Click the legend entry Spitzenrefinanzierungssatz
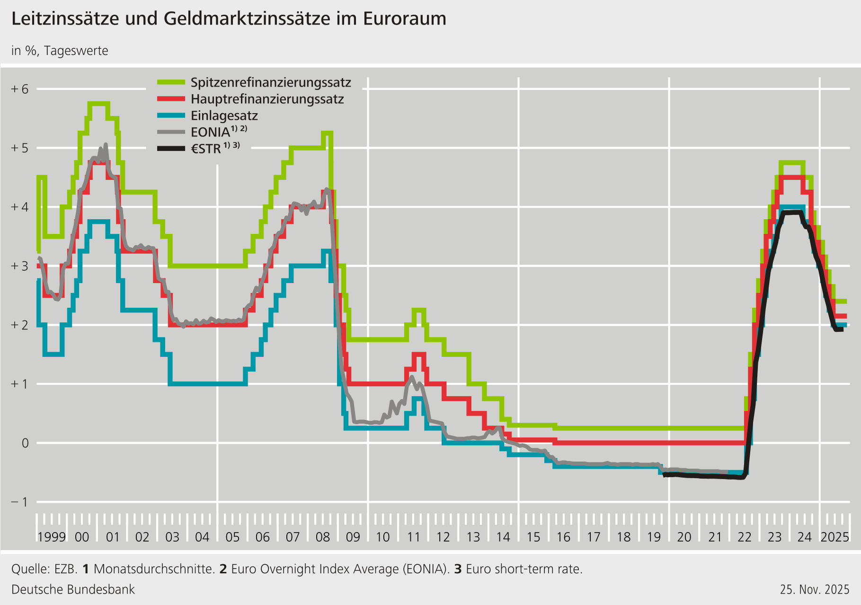coord(270,82)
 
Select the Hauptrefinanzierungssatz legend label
coord(267,99)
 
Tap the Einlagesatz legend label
coord(224,116)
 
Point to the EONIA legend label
coord(211,132)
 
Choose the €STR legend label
coord(206,149)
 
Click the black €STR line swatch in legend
coord(171,149)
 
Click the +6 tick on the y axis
coord(20,89)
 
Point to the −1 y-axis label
coord(20,502)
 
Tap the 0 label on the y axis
coord(25,443)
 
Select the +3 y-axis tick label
coord(20,266)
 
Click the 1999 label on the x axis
coord(52,537)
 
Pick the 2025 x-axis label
coord(835,537)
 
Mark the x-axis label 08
coord(323,537)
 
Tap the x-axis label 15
coord(533,537)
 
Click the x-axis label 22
coord(745,537)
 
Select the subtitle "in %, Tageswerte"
coord(60,51)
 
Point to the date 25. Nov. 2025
coord(815,589)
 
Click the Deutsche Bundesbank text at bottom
coord(73,589)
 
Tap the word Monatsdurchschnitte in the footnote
coord(154,569)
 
